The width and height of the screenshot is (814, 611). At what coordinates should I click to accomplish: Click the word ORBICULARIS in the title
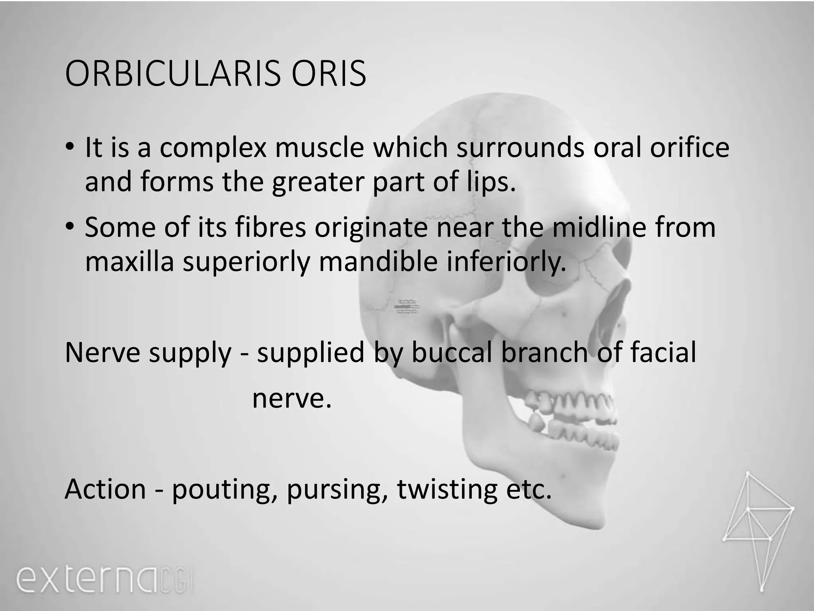click(172, 74)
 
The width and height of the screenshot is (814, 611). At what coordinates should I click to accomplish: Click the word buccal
click(452, 352)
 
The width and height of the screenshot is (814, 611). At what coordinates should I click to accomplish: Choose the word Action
click(105, 489)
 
